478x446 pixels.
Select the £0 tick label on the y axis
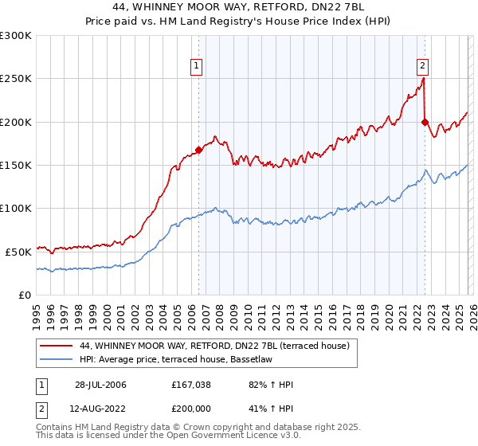[25, 295]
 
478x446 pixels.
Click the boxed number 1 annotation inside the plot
[196, 67]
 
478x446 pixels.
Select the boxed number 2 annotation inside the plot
[422, 67]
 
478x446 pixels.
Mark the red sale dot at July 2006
[198, 150]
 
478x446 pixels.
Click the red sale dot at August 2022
[425, 122]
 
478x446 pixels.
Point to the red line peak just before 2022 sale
[423, 78]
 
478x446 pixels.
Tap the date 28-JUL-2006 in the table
[95, 385]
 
